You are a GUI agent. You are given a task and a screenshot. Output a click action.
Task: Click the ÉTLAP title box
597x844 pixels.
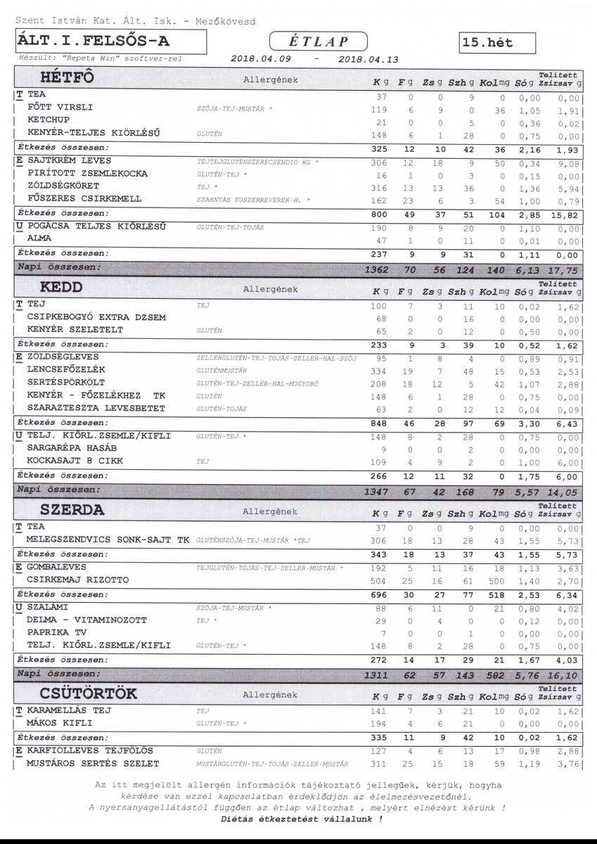point(319,41)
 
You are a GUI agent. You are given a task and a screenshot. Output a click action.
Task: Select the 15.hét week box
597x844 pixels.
point(496,43)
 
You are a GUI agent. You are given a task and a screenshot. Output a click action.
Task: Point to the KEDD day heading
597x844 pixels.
point(62,287)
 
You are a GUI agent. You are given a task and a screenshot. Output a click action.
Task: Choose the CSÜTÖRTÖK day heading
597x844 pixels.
point(89,693)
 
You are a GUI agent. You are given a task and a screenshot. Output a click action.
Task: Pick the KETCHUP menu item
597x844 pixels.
point(49,120)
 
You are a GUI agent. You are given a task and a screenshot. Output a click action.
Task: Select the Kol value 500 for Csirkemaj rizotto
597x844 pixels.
point(497,581)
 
